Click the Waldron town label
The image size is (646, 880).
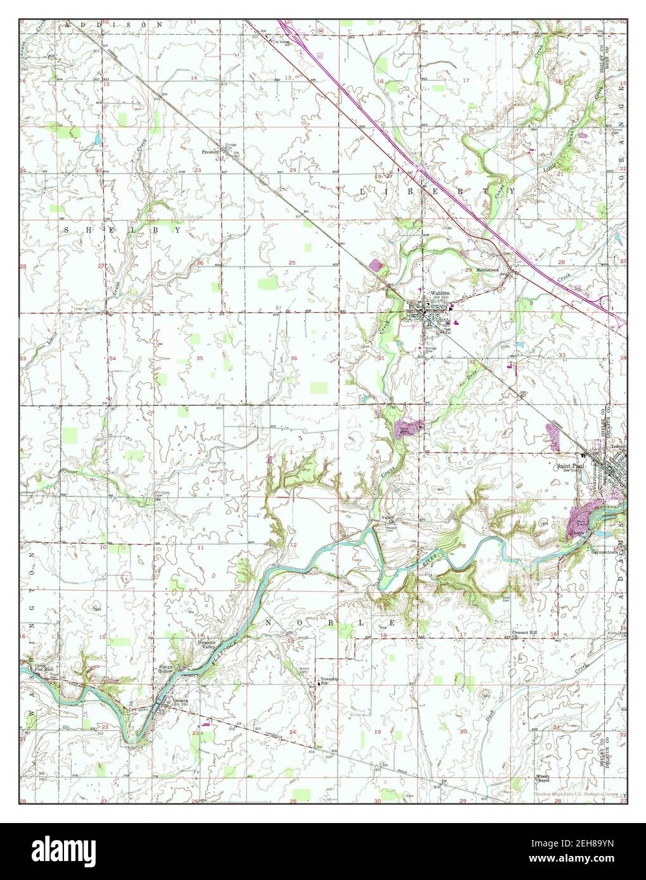441,294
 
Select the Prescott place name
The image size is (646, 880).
210,152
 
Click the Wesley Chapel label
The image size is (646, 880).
541,778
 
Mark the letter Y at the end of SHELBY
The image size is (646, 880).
179,231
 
